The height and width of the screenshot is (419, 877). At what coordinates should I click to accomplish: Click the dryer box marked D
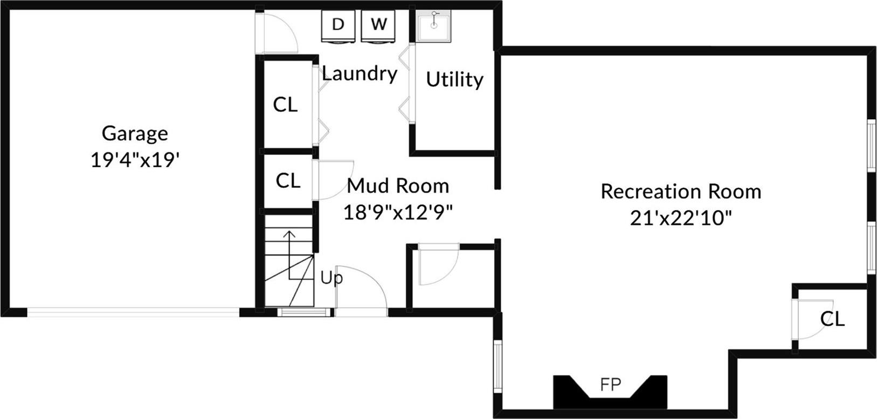pyautogui.click(x=338, y=25)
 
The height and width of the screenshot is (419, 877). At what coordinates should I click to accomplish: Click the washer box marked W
pyautogui.click(x=378, y=25)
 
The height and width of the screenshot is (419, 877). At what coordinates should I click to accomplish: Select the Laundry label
pyautogui.click(x=360, y=73)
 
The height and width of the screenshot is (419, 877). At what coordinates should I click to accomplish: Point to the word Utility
pyautogui.click(x=454, y=79)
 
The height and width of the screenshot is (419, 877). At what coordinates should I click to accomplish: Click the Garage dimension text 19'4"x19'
pyautogui.click(x=134, y=160)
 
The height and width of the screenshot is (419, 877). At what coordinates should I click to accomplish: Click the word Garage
pyautogui.click(x=135, y=133)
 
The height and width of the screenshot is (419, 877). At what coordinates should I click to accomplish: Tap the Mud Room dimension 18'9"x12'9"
pyautogui.click(x=398, y=212)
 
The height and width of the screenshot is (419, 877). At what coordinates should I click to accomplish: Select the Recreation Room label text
pyautogui.click(x=681, y=191)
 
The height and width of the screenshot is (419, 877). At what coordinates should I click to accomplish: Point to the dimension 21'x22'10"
pyautogui.click(x=681, y=218)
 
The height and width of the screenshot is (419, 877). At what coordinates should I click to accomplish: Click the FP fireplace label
pyautogui.click(x=611, y=384)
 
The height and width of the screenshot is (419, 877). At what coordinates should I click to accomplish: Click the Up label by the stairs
pyautogui.click(x=331, y=278)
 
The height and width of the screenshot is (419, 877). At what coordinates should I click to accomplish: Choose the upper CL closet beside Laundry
pyautogui.click(x=285, y=104)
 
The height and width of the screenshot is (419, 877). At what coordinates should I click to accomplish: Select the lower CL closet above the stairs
pyautogui.click(x=287, y=181)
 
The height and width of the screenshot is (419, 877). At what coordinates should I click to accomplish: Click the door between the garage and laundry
pyautogui.click(x=278, y=33)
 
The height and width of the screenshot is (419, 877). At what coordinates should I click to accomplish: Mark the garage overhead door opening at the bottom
pyautogui.click(x=133, y=312)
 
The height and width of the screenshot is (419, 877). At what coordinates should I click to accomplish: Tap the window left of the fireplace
pyautogui.click(x=498, y=367)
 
